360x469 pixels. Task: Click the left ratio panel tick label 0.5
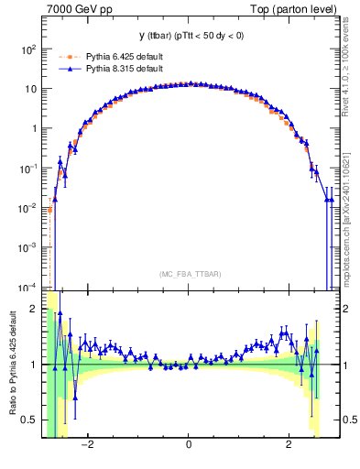coord(27,420)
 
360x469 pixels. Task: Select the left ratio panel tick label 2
coord(33,309)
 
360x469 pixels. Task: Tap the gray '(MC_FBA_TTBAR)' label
coord(188,274)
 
